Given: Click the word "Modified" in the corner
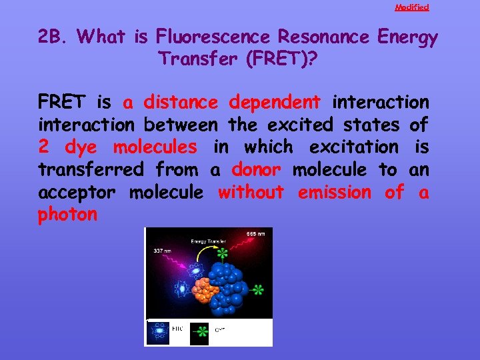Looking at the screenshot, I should (x=411, y=7).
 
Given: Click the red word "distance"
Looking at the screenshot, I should (x=181, y=102).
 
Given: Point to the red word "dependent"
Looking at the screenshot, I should (x=274, y=102).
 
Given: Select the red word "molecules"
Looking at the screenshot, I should (x=155, y=147).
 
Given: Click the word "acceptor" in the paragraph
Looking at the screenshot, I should (x=77, y=193).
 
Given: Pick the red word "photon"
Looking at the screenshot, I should (x=68, y=215).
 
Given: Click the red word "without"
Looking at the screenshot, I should (x=251, y=192).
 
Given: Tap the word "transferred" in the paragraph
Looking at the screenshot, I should (x=90, y=169).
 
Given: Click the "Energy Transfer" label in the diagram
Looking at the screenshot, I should (x=208, y=241).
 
